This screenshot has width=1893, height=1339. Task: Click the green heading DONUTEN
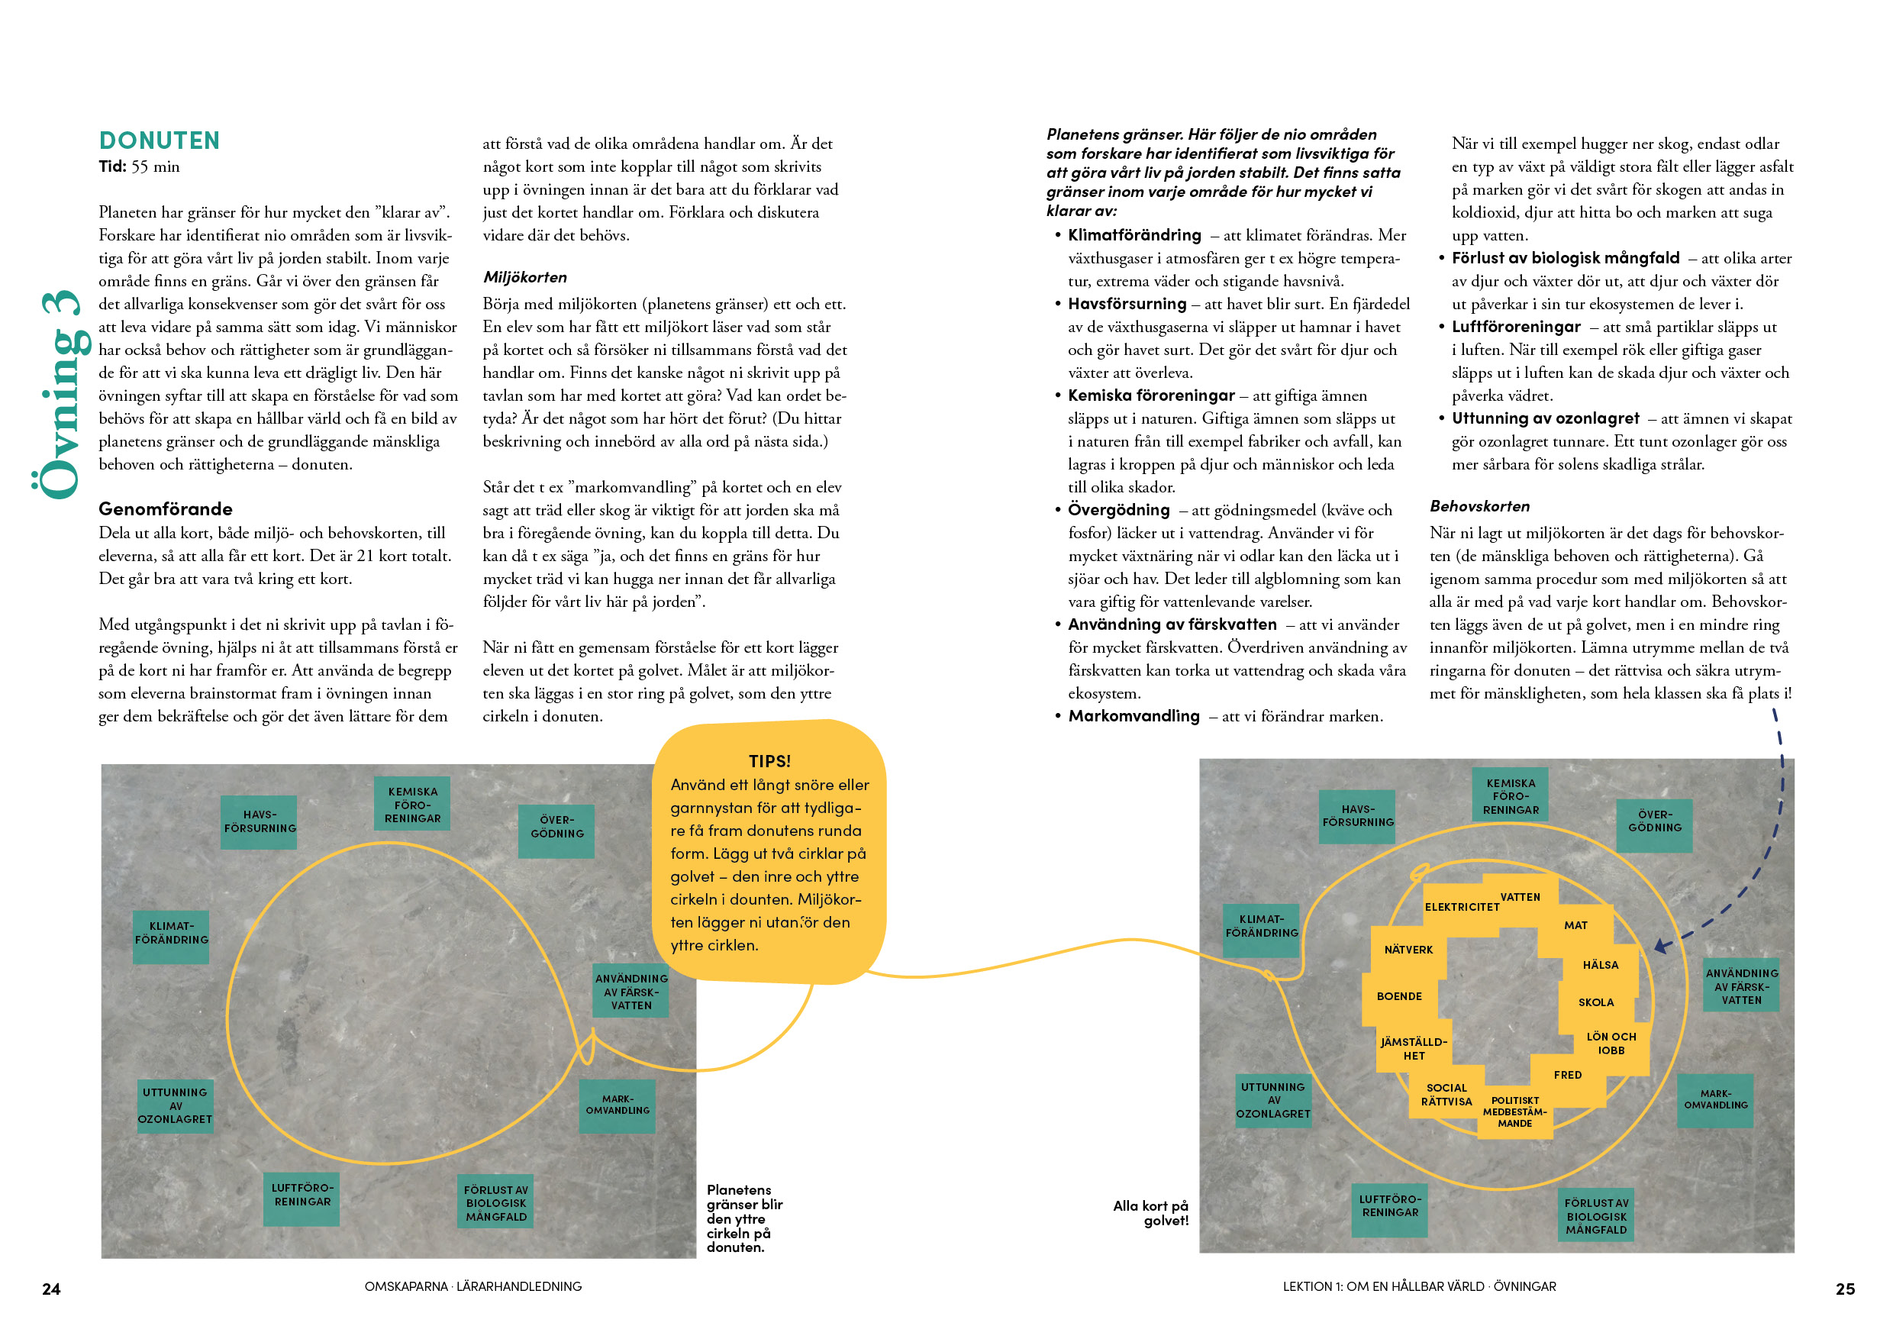click(159, 140)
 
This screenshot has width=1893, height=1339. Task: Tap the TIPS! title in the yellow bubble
click(769, 760)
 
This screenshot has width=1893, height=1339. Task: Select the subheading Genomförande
click(165, 508)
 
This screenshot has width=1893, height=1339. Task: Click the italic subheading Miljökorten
click(524, 277)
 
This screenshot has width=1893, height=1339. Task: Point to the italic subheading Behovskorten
click(1479, 506)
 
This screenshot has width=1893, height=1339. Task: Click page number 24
click(51, 1289)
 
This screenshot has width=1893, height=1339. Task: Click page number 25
click(1844, 1289)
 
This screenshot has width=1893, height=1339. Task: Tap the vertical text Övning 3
click(61, 394)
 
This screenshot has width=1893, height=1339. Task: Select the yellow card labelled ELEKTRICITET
click(1461, 906)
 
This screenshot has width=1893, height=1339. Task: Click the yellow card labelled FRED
click(1567, 1074)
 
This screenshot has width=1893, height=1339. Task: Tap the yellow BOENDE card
click(1399, 996)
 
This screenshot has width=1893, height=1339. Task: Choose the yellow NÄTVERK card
click(1408, 949)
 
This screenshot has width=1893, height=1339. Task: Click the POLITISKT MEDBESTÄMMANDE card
click(1514, 1112)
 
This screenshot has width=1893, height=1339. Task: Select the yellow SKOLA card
click(1595, 1002)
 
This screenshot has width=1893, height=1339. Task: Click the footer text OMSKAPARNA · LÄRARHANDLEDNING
click(472, 1286)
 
